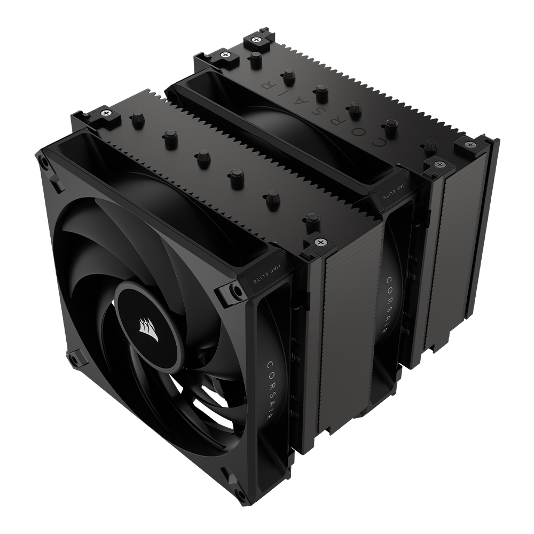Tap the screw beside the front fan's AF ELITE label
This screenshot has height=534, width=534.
pos(319,242)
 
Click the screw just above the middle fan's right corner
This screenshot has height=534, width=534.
pos(437,164)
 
